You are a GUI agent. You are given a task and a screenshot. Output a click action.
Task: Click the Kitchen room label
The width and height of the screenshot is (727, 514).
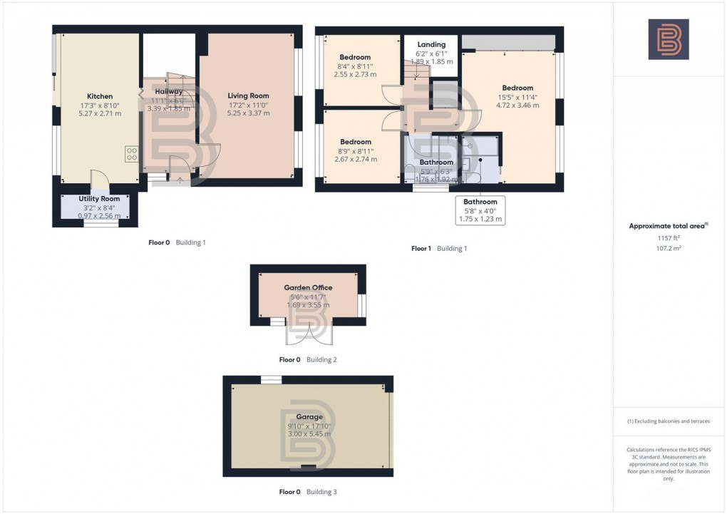click(x=100, y=96)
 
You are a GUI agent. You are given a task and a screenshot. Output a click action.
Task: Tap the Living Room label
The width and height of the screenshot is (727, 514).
click(x=248, y=96)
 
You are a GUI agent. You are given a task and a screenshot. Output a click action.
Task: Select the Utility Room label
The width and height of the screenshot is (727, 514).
click(x=99, y=199)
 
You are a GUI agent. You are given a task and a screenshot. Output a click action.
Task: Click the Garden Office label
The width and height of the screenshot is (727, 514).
click(x=308, y=288)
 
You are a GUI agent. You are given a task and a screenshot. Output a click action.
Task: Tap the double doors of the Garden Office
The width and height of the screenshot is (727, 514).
click(x=309, y=333)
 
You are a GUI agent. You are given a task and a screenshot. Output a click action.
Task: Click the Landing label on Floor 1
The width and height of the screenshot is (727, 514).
click(x=431, y=44)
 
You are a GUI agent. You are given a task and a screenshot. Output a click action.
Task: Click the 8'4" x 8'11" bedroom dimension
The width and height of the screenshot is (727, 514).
click(x=355, y=66)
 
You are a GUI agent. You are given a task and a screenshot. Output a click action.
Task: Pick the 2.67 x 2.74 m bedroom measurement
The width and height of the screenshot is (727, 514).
click(x=355, y=159)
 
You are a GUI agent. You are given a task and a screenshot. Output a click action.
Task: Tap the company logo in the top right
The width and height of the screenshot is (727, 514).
click(x=668, y=39)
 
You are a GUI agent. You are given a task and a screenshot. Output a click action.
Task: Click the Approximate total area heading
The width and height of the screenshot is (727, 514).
click(x=667, y=226)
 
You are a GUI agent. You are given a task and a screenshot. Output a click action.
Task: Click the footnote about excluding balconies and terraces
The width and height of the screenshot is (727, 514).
click(x=669, y=421)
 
